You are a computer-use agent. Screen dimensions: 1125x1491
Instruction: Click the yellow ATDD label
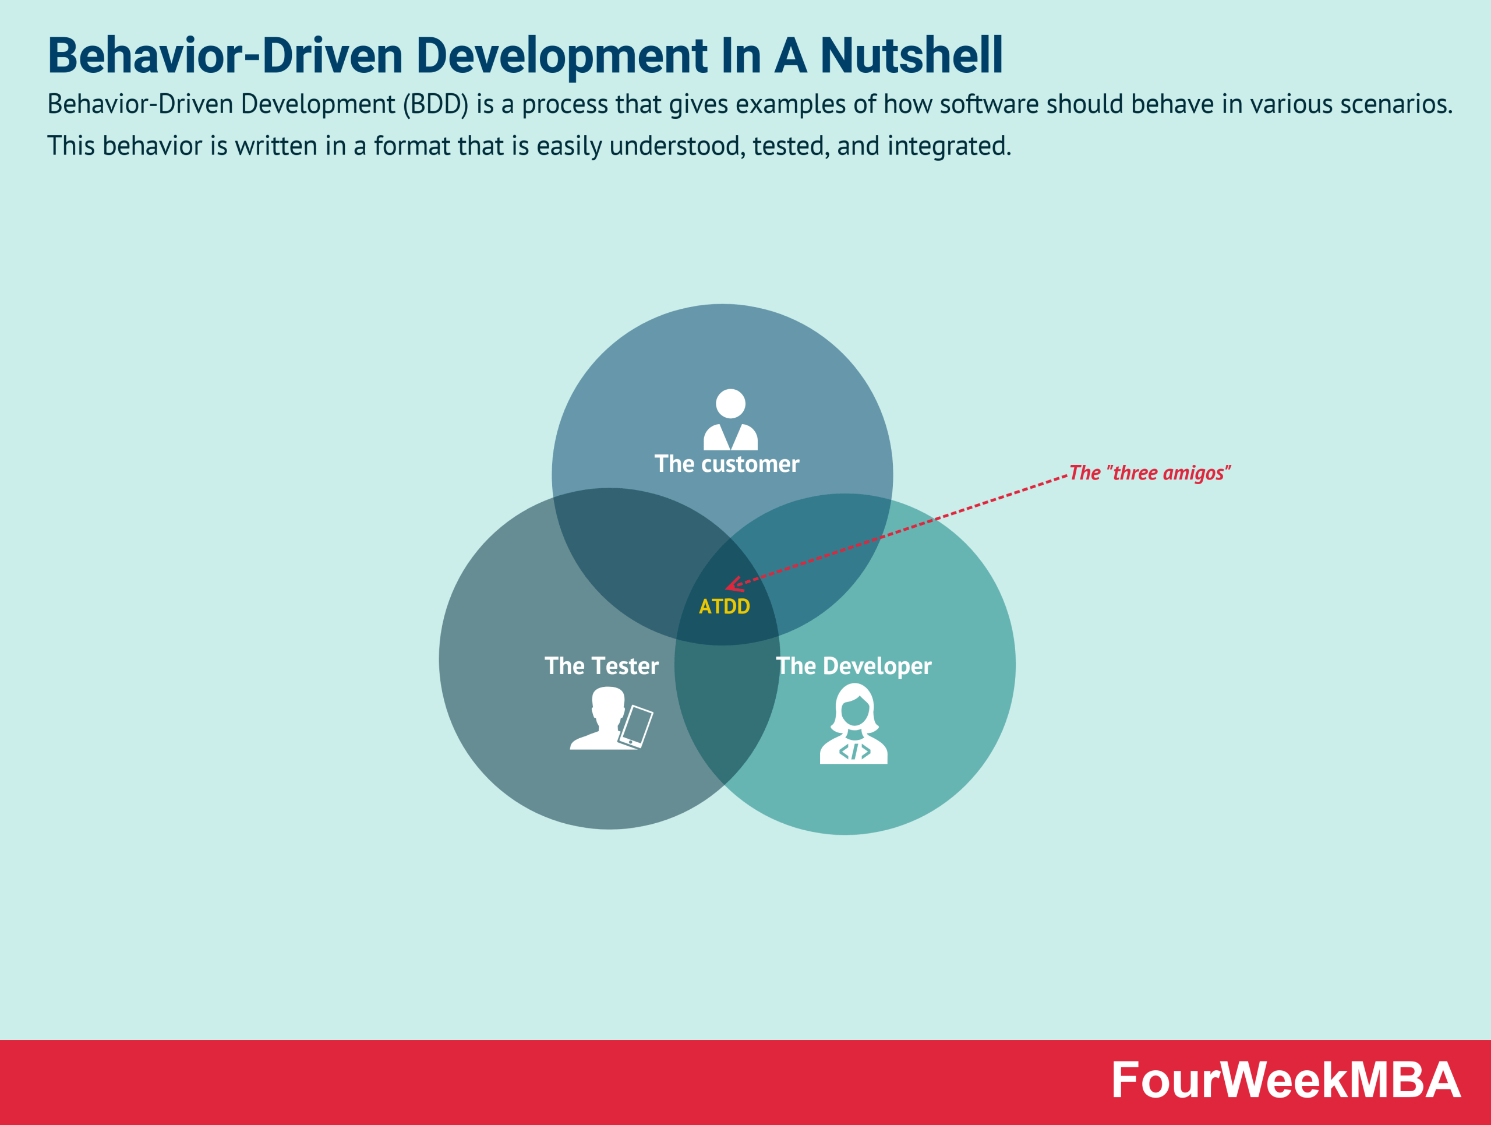coord(724,606)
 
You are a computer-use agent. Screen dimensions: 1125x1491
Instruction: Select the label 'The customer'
coord(727,464)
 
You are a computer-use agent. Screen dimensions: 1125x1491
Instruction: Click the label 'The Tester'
coord(601,666)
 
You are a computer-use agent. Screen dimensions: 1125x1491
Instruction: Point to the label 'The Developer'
coord(854,666)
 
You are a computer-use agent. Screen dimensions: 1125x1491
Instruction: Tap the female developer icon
coord(853,724)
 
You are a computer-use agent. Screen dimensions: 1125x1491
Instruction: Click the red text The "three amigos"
coord(1150,473)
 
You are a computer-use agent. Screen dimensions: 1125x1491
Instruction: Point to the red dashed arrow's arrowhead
coord(733,584)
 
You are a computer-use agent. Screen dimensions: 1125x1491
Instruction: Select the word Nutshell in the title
coord(911,55)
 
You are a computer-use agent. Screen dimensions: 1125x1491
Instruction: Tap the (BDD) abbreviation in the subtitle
coord(436,104)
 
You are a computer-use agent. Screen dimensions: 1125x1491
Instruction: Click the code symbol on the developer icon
coord(854,751)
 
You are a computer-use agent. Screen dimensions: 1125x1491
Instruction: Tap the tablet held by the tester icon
coord(635,726)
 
